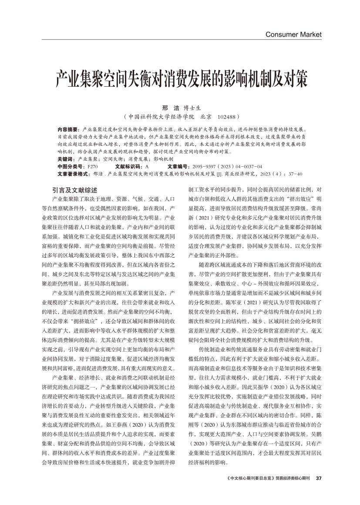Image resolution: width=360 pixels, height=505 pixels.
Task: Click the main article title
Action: coord(181,79)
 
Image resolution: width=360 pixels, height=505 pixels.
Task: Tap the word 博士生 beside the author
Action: coord(192,107)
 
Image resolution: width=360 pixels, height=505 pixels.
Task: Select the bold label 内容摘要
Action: coord(68,130)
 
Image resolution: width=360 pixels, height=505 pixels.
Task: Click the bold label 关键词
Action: coord(66,159)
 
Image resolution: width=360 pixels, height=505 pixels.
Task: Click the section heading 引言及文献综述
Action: coord(74,190)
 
